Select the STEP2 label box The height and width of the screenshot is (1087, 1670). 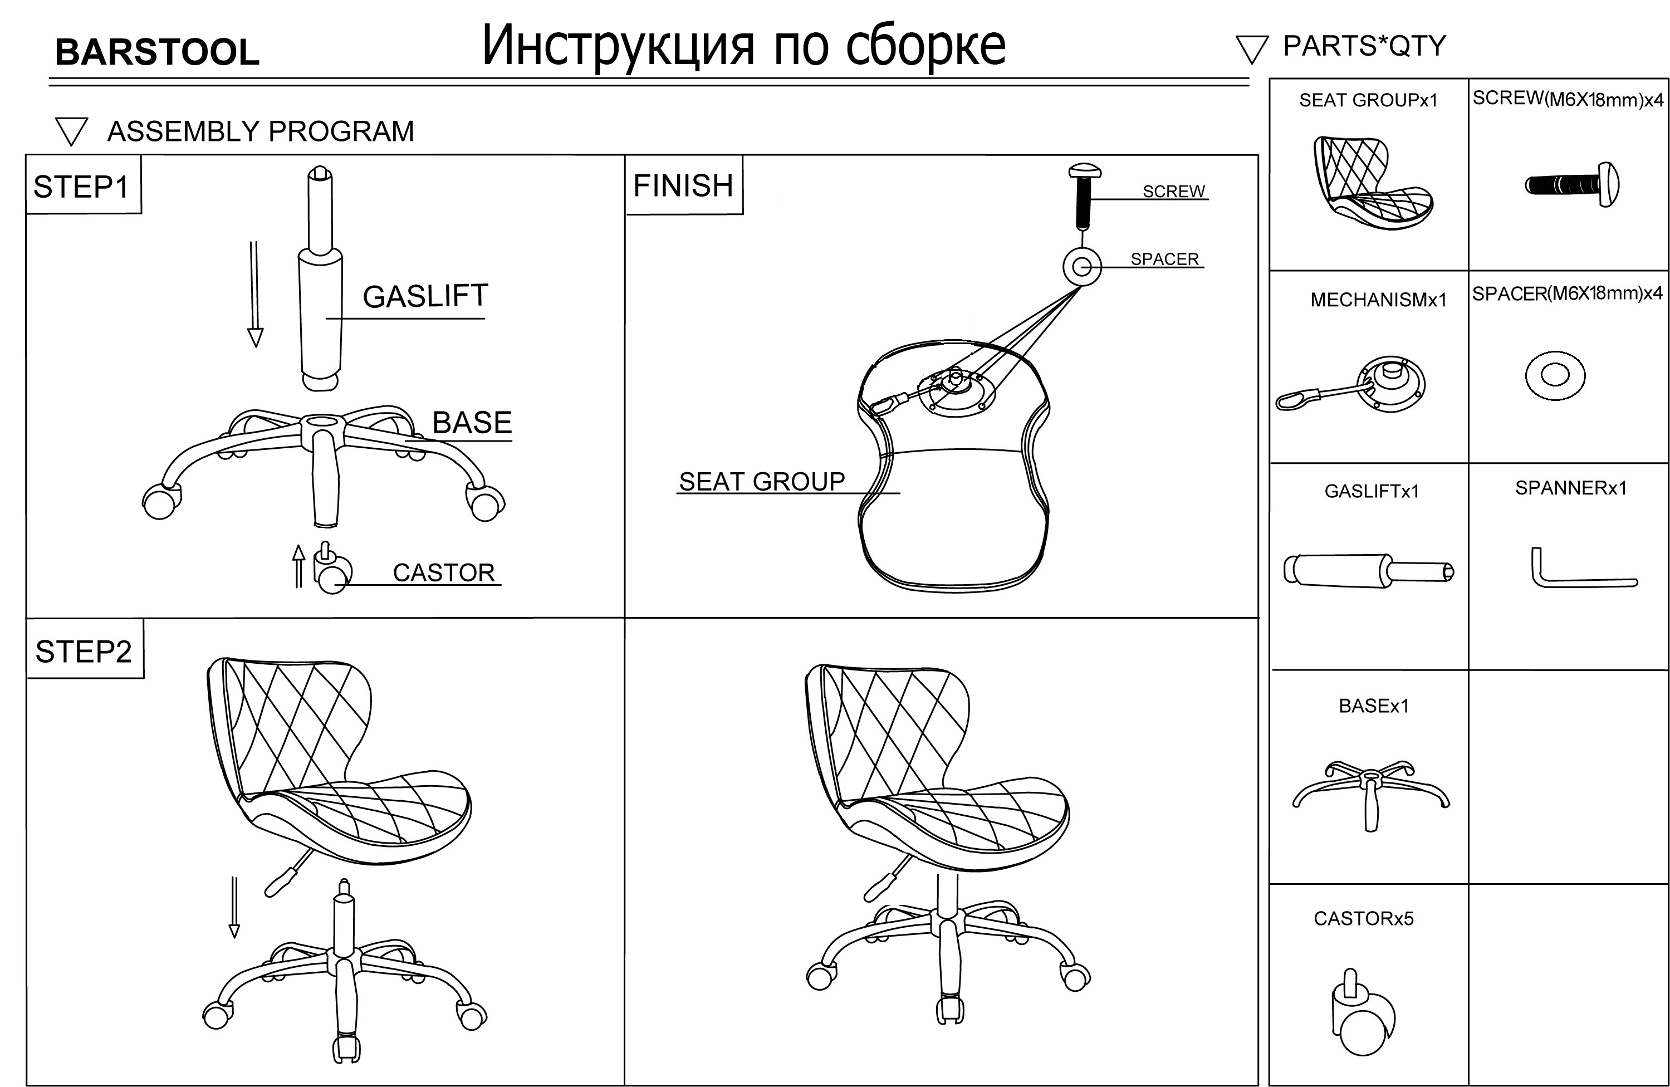pos(84,650)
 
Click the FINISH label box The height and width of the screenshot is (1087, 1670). pos(683,186)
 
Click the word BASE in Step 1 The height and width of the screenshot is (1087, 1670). pos(472,423)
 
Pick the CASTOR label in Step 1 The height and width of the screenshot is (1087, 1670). pos(443,572)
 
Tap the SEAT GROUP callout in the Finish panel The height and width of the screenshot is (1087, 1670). pos(762,481)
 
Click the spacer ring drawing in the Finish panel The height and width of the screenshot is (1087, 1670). pos(1082,267)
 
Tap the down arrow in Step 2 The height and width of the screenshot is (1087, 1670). pos(234,907)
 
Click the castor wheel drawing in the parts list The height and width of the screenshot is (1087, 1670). pos(1363,1015)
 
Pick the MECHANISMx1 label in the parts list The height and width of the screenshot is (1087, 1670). pos(1378,300)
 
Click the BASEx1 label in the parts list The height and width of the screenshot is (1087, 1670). pos(1373,706)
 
